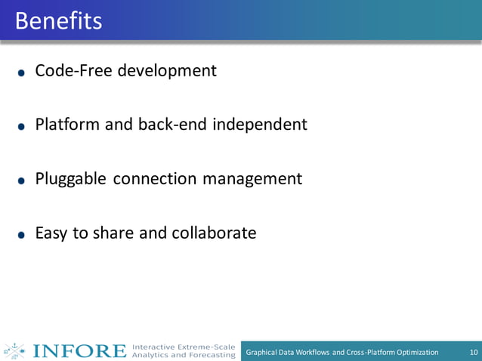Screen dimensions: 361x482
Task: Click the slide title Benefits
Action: [58, 21]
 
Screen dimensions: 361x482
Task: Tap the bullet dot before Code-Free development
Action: [22, 73]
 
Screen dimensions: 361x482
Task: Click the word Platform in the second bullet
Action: [67, 125]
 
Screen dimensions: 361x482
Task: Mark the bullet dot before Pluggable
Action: [22, 181]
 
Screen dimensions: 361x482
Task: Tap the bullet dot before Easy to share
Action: [22, 235]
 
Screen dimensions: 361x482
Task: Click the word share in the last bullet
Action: [113, 233]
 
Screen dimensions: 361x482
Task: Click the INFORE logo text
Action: [79, 351]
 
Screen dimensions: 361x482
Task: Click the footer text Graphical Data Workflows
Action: [289, 352]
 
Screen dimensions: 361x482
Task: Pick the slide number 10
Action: [474, 352]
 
